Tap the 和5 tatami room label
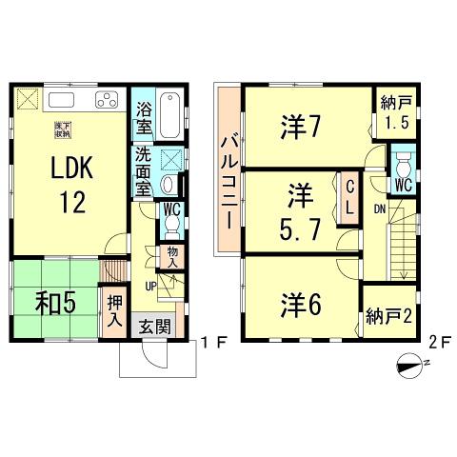click(46, 307)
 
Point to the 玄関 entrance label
click(156, 326)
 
